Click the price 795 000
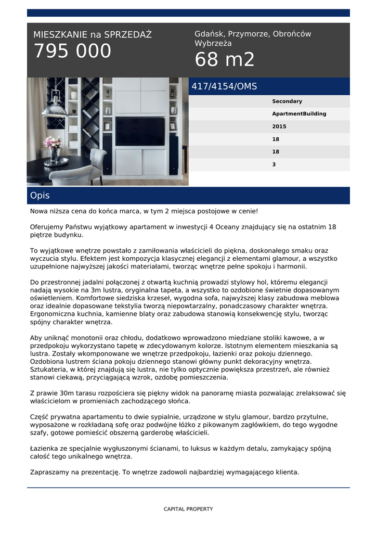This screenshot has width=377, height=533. (x=73, y=52)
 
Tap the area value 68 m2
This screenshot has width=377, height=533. (x=225, y=60)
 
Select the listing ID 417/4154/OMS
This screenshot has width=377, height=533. (x=224, y=86)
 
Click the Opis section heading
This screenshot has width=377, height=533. (x=40, y=196)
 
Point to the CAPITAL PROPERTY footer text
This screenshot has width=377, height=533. (x=188, y=509)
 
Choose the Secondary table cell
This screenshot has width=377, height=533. (x=287, y=101)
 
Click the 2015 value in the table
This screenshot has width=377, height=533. (x=279, y=126)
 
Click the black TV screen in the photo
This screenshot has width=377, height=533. (x=140, y=132)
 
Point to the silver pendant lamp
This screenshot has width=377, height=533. (x=54, y=107)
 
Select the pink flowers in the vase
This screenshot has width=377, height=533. (x=52, y=142)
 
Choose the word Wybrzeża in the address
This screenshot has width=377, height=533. (x=213, y=44)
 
